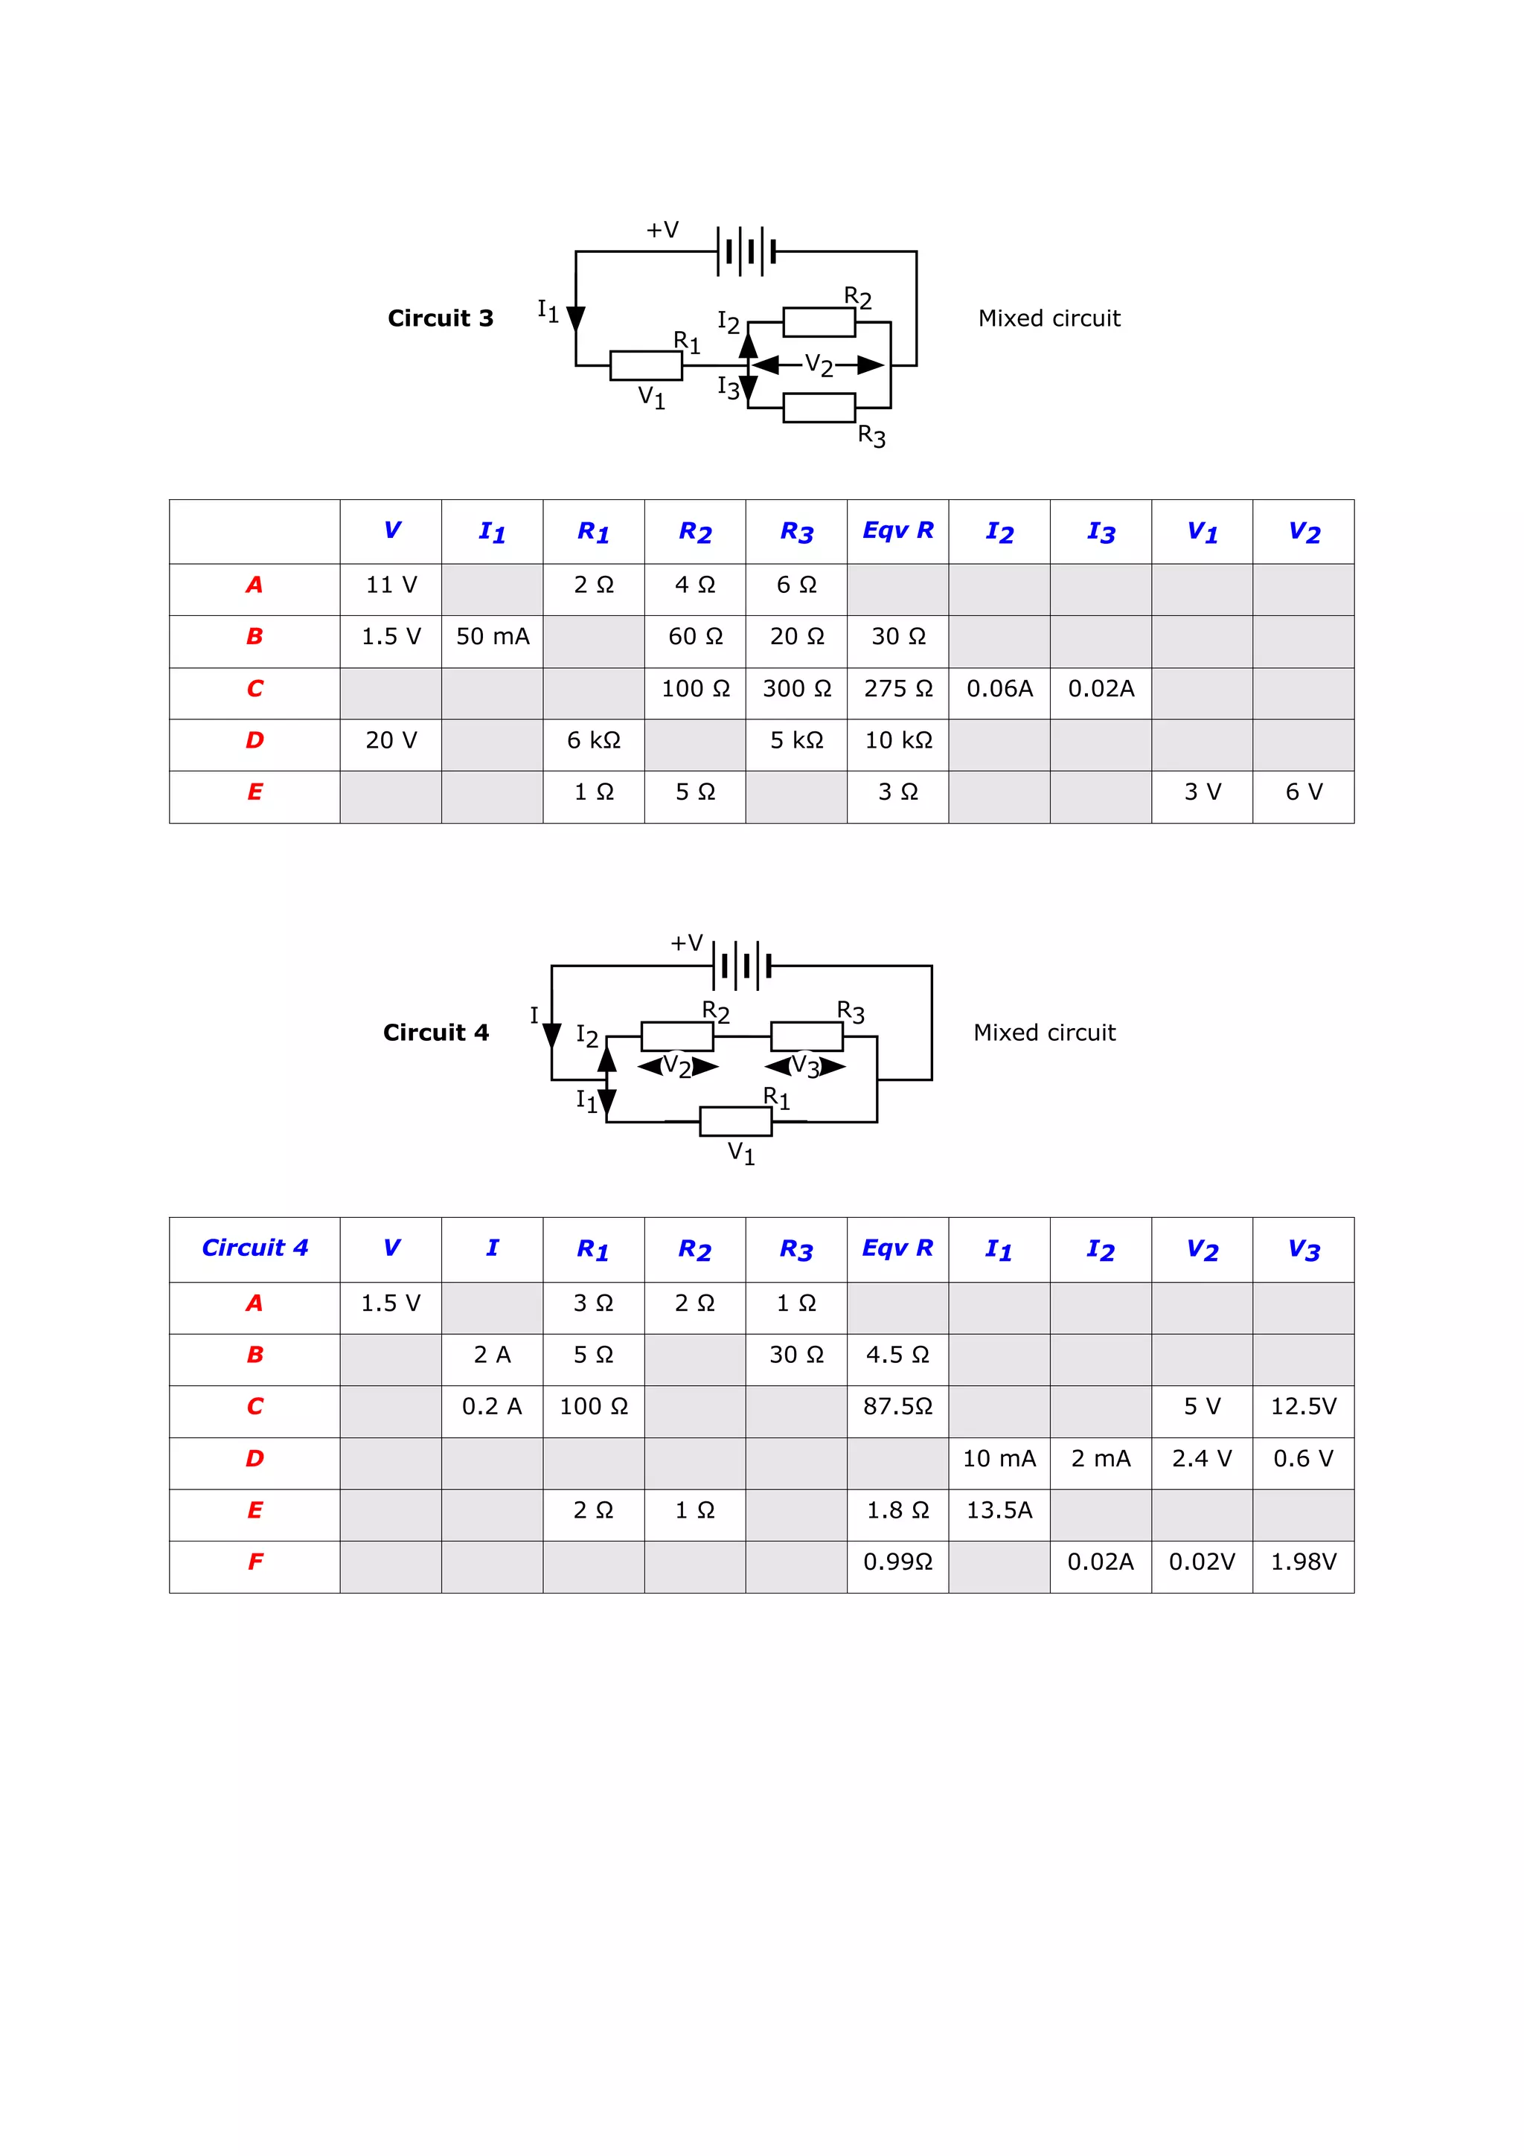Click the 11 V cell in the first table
click(391, 585)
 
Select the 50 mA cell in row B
click(492, 637)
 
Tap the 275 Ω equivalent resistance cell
click(897, 688)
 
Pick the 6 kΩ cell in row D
click(593, 740)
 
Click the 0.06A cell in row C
click(999, 688)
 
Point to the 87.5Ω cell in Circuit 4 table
click(897, 1406)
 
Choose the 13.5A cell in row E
click(999, 1510)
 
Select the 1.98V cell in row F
click(1303, 1562)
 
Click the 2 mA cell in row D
click(1101, 1458)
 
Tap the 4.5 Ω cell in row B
click(897, 1354)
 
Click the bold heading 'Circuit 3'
click(441, 318)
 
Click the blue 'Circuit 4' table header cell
click(254, 1247)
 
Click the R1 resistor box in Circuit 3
click(646, 365)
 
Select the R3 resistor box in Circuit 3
click(819, 408)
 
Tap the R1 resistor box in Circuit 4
click(736, 1121)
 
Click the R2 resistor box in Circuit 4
click(677, 1036)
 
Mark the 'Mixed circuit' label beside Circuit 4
click(1044, 1033)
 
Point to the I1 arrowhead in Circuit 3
click(576, 319)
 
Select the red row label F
click(254, 1562)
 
